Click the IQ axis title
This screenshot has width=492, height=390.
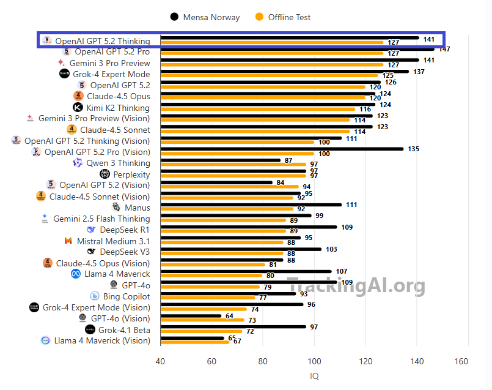[x=314, y=376]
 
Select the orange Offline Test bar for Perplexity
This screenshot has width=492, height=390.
[x=233, y=176]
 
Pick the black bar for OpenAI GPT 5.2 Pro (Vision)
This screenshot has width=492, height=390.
[x=282, y=149]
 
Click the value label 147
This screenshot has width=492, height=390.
[x=444, y=49]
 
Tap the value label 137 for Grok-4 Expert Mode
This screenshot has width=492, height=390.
[x=436, y=72]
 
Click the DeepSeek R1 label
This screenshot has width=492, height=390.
[x=125, y=230]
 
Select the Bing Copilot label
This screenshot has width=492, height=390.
[x=126, y=296]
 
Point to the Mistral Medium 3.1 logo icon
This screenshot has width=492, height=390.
[x=68, y=241]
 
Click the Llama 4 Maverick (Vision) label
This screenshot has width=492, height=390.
[x=102, y=340]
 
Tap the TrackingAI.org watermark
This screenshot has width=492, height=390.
[x=356, y=285]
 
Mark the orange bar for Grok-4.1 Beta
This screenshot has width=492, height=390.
[x=201, y=331]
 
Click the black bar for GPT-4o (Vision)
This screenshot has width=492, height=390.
[x=191, y=316]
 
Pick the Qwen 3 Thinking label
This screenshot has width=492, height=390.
[x=117, y=163]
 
